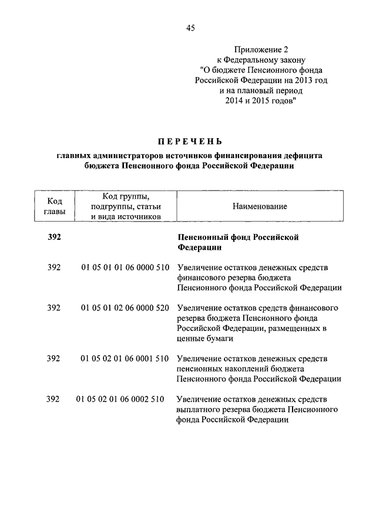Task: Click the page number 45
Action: click(190, 28)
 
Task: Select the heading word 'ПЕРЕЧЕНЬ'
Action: click(190, 141)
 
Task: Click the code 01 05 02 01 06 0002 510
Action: click(120, 399)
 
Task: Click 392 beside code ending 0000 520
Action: click(53, 307)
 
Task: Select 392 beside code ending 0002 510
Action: click(53, 399)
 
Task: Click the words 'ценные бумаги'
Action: click(201, 339)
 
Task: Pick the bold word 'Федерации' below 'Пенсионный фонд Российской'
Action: click(197, 247)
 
